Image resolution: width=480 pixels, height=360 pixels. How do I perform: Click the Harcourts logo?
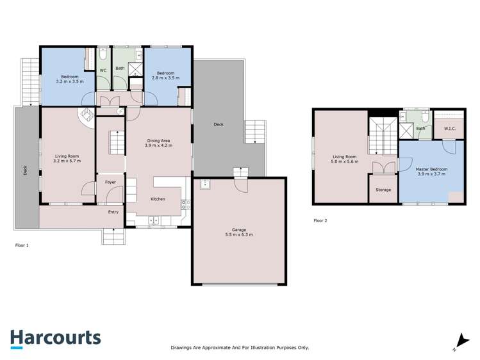pos(55,338)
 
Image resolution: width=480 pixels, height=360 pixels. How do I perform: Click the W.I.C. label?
pos(449,129)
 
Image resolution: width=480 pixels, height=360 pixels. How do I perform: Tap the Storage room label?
pos(383,190)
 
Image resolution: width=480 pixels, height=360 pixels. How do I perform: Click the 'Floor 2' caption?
pos(320,220)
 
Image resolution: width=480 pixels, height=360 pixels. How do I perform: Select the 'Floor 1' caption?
pos(22,245)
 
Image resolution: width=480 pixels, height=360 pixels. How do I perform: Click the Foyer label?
pos(110,183)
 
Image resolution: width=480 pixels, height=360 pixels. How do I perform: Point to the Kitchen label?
pos(158,199)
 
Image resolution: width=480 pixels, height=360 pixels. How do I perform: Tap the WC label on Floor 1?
pos(103,71)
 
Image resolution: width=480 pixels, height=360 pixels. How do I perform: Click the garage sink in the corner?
pos(205,184)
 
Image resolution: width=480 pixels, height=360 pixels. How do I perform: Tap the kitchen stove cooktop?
pos(185,206)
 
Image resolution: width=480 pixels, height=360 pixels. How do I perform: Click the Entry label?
pos(113,212)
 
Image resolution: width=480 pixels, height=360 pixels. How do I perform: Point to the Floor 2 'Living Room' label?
pos(345,159)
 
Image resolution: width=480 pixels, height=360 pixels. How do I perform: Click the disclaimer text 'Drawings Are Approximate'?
pos(240,347)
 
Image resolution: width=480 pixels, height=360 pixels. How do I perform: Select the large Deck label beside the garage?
pos(219,125)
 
